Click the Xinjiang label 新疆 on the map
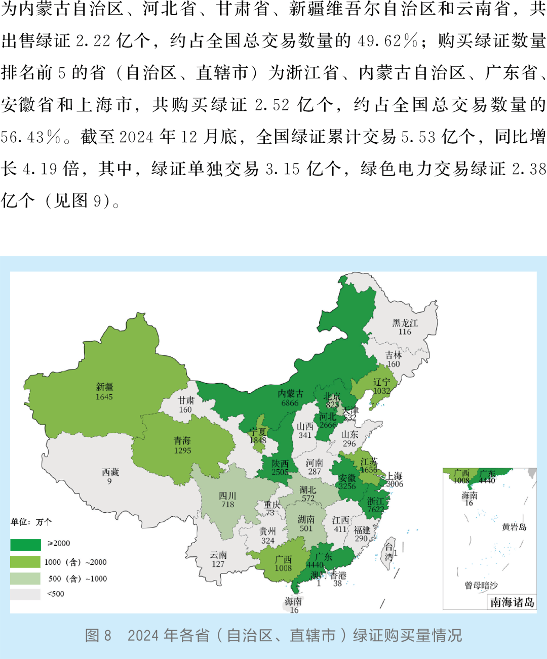click(x=104, y=387)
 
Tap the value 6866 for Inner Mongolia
click(x=290, y=403)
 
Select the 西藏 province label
click(x=110, y=472)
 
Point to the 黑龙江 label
click(x=405, y=323)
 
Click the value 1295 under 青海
click(x=182, y=450)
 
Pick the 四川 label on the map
click(x=227, y=496)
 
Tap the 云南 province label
click(x=218, y=555)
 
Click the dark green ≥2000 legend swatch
click(x=25, y=545)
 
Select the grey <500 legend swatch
click(x=25, y=594)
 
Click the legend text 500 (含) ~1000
click(x=77, y=579)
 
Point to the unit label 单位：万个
click(x=31, y=522)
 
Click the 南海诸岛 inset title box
click(x=512, y=602)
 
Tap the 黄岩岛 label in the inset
click(x=514, y=527)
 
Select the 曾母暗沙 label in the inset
click(x=481, y=585)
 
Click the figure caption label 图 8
click(x=98, y=636)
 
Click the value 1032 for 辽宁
click(x=381, y=391)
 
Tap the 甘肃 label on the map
click(x=186, y=400)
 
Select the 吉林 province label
click(x=394, y=355)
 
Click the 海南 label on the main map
click(x=293, y=601)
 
